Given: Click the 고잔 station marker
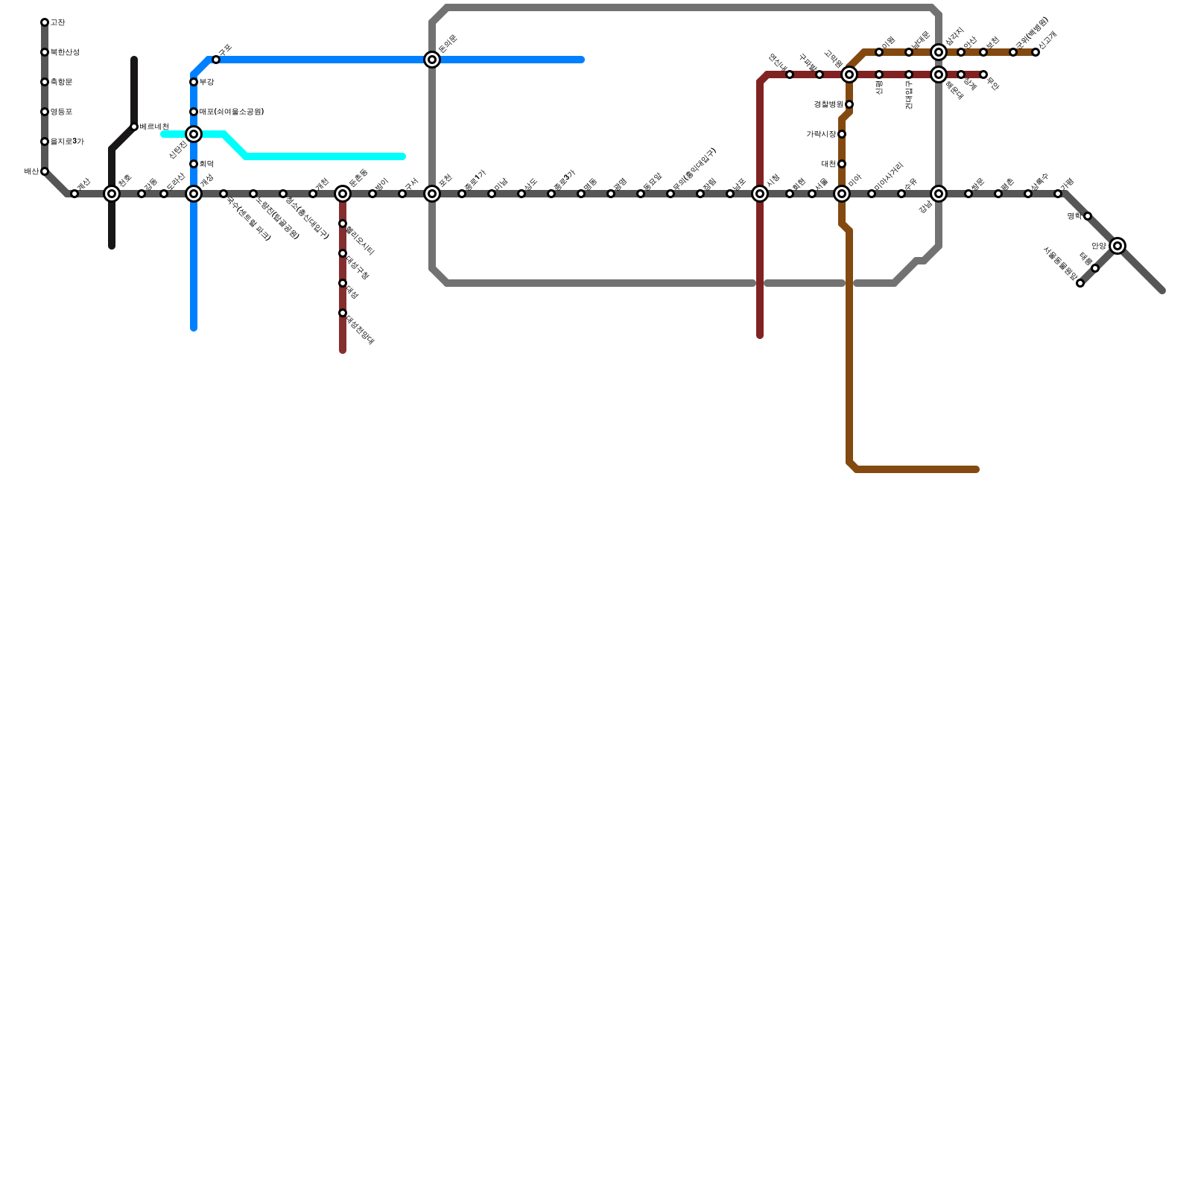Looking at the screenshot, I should coord(45,22).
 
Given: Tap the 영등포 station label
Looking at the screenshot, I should coord(61,112).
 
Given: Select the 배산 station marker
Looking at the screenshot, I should coord(45,171).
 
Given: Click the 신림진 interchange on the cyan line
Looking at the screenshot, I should coord(194,134).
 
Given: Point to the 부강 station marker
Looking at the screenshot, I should coord(194,82).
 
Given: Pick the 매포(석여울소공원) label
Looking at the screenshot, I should coord(231,112).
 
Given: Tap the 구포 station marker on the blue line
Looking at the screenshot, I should coord(216,60).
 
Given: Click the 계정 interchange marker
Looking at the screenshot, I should coord(194,194).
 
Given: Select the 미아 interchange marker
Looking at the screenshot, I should coord(842,194).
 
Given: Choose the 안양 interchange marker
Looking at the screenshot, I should coord(1117,246).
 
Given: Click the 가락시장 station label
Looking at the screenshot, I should coord(821,134).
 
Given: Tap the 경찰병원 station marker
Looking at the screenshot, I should coord(849,104).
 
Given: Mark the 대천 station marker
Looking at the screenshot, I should coord(842,164).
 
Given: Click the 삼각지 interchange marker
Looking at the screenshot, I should coord(939,52).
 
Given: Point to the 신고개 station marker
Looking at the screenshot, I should coord(1036,52).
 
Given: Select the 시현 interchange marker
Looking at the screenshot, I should coord(760,194).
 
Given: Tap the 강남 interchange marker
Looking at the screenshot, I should coord(939,194).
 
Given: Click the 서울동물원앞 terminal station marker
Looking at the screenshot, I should coord(1080,283).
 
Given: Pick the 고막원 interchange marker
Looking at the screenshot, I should coord(849,74).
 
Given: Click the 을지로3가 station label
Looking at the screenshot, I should coord(67,142).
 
